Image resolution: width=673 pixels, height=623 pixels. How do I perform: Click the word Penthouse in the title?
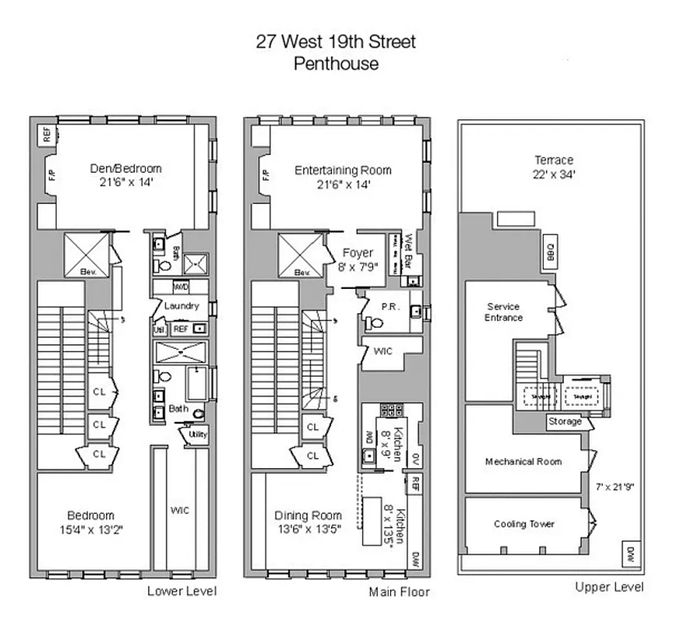(x=336, y=64)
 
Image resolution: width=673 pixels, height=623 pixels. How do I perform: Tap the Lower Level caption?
(x=182, y=591)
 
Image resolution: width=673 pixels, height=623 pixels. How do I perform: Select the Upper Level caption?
(x=609, y=587)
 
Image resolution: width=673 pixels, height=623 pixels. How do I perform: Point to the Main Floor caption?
(x=399, y=591)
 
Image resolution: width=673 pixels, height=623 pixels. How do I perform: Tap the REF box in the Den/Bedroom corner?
(x=46, y=134)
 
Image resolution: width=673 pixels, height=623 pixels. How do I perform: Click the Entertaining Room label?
(x=343, y=171)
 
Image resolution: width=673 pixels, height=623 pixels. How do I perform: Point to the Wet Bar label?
(x=407, y=251)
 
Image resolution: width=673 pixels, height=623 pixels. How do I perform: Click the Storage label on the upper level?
(x=566, y=421)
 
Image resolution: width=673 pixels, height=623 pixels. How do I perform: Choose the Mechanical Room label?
(x=523, y=461)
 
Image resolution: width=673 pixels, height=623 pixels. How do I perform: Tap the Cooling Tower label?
(x=524, y=524)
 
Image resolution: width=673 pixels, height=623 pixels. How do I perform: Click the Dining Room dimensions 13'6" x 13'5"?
(x=307, y=530)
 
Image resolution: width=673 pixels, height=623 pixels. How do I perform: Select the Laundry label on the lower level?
(x=181, y=306)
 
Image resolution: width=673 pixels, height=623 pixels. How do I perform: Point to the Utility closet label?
(x=198, y=434)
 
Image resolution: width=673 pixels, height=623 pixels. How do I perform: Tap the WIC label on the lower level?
(x=180, y=510)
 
